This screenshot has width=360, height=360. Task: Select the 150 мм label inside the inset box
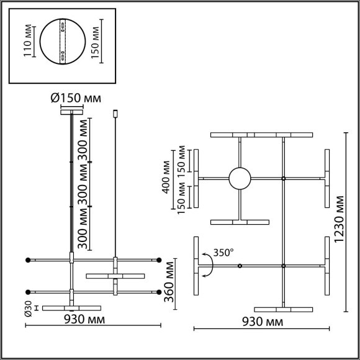(x=95, y=41)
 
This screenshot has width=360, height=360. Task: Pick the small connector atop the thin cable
(x=117, y=114)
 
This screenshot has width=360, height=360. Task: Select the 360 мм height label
(x=169, y=280)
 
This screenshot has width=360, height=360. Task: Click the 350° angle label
(x=223, y=253)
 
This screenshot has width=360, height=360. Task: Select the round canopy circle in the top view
(x=240, y=179)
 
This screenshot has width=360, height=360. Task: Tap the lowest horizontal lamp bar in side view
(x=72, y=307)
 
